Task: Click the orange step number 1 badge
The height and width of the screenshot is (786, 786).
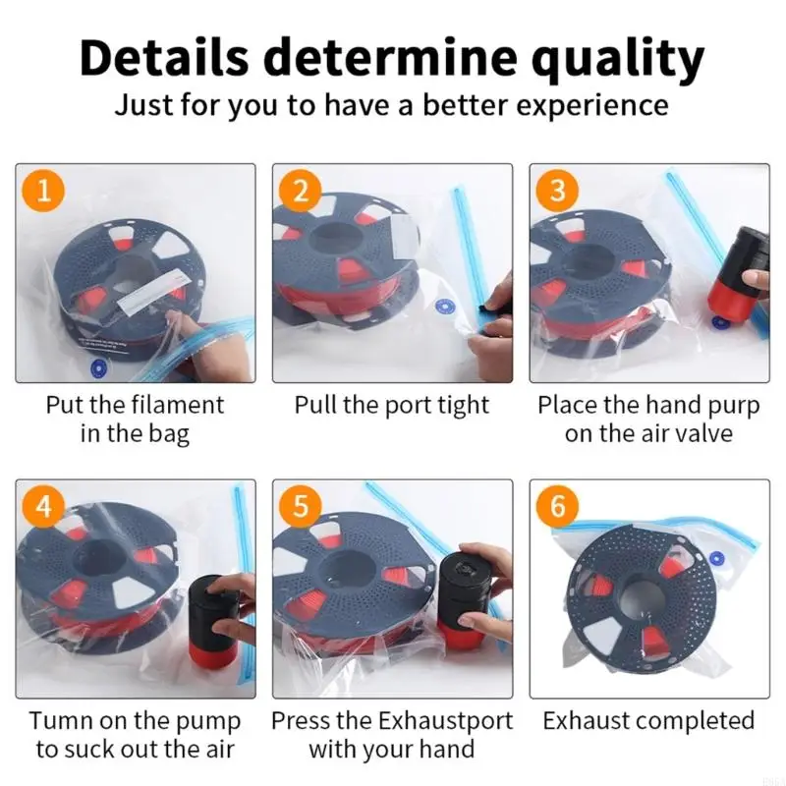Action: (43, 191)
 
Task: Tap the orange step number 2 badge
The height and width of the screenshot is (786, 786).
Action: (301, 191)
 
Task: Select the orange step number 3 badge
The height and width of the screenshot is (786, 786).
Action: (557, 191)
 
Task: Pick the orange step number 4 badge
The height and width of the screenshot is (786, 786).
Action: (43, 506)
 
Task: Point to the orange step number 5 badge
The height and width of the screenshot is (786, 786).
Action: (301, 506)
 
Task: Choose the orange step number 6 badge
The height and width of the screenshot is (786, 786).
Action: (557, 506)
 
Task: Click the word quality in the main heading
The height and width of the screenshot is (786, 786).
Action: (618, 59)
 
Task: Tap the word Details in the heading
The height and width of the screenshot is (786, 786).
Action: (164, 58)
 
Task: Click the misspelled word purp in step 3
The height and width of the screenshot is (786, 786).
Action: (734, 407)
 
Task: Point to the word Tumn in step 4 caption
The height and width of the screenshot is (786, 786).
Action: (61, 721)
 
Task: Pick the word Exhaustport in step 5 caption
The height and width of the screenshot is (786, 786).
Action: (445, 722)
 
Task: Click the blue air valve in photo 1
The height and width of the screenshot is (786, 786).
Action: (100, 369)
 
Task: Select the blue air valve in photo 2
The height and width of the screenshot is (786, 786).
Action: (445, 306)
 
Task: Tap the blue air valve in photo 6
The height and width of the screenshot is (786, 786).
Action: (717, 557)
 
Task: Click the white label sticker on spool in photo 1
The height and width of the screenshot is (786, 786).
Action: (150, 294)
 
